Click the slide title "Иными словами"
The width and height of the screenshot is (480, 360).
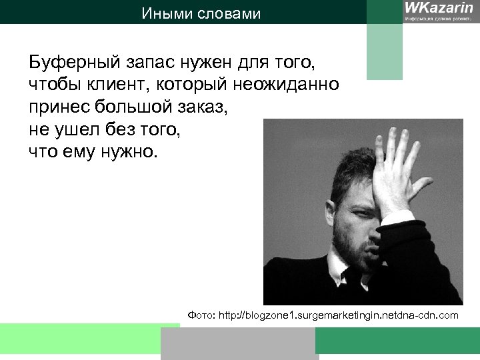(201, 13)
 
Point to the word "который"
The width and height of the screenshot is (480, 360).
(200, 85)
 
